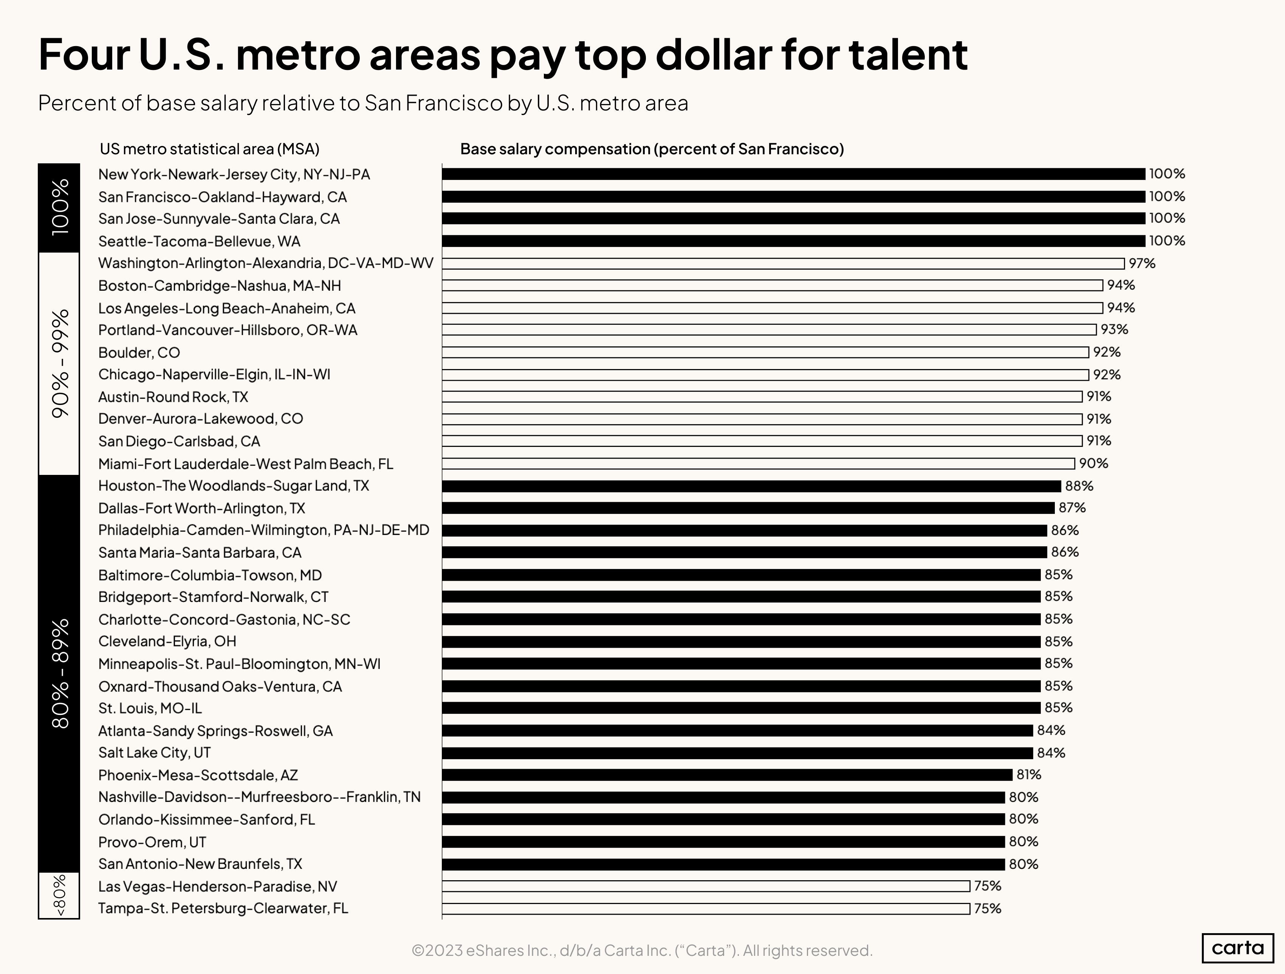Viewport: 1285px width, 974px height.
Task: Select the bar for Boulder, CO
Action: click(x=765, y=352)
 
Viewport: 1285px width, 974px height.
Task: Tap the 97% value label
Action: click(x=1141, y=263)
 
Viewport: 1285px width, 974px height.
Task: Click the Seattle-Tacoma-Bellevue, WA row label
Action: click(x=199, y=241)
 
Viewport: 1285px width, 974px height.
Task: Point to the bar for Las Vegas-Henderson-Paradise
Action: click(x=705, y=886)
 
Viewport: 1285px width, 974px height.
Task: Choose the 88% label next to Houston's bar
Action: click(x=1079, y=486)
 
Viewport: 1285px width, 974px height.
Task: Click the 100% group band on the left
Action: click(x=59, y=208)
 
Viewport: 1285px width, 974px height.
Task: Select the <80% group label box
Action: click(x=59, y=896)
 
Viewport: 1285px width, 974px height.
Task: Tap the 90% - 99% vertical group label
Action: click(x=59, y=363)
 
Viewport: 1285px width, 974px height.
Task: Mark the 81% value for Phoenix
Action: click(x=1028, y=775)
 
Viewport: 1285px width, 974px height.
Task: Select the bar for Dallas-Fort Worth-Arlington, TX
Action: click(x=748, y=508)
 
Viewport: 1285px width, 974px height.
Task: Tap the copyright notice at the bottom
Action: click(x=642, y=950)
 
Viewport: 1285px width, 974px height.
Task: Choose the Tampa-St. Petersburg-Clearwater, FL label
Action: click(x=223, y=908)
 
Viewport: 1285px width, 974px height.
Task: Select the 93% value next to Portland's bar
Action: click(x=1114, y=329)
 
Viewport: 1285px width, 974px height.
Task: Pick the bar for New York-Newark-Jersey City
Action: click(x=793, y=174)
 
